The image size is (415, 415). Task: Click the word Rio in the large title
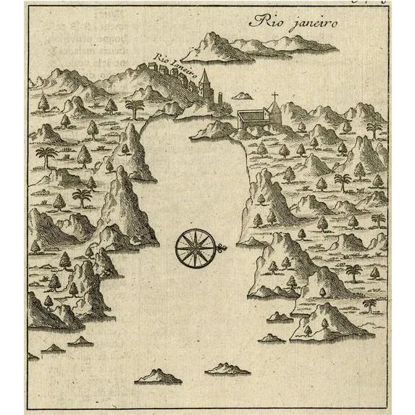[261, 22]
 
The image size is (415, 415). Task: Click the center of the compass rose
[193, 248]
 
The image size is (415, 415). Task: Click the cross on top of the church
[274, 96]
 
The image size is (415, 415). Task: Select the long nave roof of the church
[251, 115]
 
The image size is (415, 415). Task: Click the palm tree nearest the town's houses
[133, 107]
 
